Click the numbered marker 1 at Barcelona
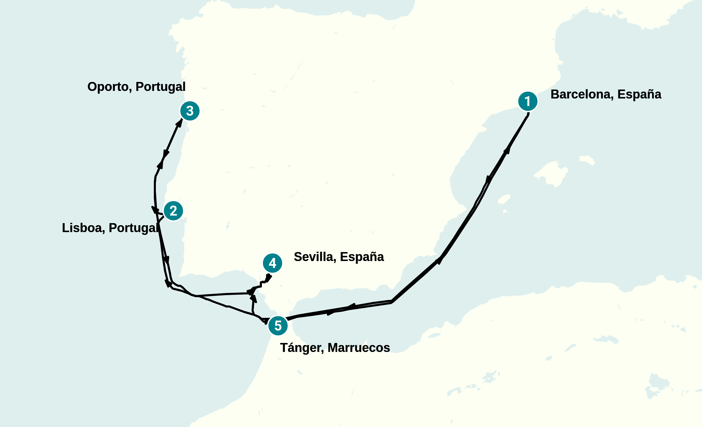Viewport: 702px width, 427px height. coord(528,102)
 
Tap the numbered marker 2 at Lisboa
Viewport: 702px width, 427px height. coord(173,211)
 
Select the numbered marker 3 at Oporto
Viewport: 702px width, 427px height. coord(190,111)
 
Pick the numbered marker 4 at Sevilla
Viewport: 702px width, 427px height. coord(273,263)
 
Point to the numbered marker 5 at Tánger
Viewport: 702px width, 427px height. coord(278,325)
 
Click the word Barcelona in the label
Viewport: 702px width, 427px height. coord(581,94)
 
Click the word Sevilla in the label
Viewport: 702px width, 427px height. coord(315,257)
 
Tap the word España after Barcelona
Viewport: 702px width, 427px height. coord(639,94)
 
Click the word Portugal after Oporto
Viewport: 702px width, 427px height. coord(160,87)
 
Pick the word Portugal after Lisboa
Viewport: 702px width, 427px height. coord(134,228)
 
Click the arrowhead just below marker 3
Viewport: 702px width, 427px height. coord(179,122)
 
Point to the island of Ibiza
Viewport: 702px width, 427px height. coord(504,199)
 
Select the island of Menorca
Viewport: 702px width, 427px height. coord(587,160)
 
